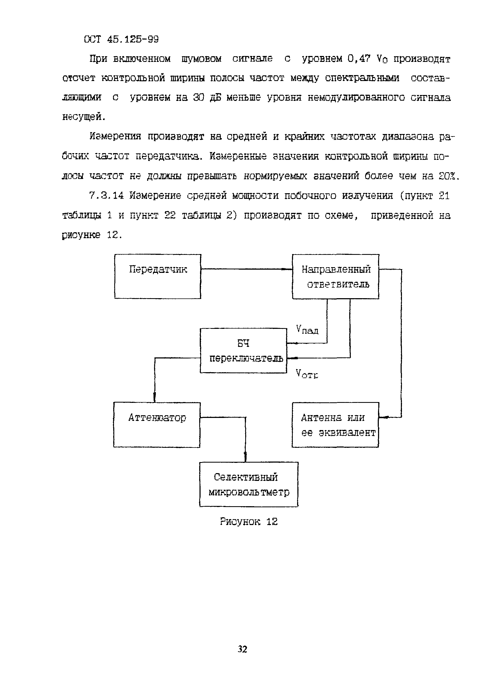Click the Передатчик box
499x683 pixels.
coord(157,276)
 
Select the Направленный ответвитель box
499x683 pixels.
coord(335,276)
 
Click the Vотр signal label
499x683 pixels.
coord(307,374)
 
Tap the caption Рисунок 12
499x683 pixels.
coord(249,522)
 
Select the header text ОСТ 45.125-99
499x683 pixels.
coord(122,39)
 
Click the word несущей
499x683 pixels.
coord(84,117)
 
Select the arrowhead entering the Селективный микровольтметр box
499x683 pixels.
coord(245,458)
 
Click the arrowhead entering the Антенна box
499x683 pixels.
coord(382,418)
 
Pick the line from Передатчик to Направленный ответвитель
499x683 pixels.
coord(246,269)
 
